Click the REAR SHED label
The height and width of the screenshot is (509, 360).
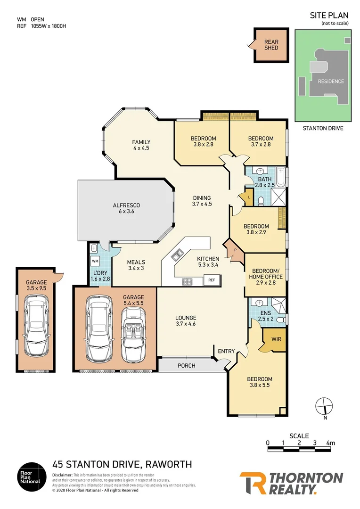[271, 44]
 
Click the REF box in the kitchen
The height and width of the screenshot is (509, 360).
[212, 280]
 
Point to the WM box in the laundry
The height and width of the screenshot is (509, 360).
[95, 261]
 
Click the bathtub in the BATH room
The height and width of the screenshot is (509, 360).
[281, 177]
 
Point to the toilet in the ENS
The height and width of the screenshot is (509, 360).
[280, 320]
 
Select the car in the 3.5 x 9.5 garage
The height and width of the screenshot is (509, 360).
[36, 325]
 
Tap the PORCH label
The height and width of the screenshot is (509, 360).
[187, 366]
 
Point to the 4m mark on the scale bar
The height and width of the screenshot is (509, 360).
[330, 443]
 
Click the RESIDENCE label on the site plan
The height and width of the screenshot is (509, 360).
[330, 81]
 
